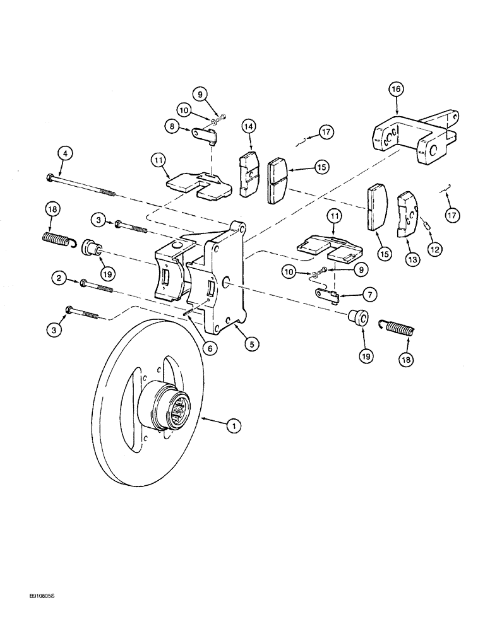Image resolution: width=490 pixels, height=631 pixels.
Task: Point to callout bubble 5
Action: point(251,345)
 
